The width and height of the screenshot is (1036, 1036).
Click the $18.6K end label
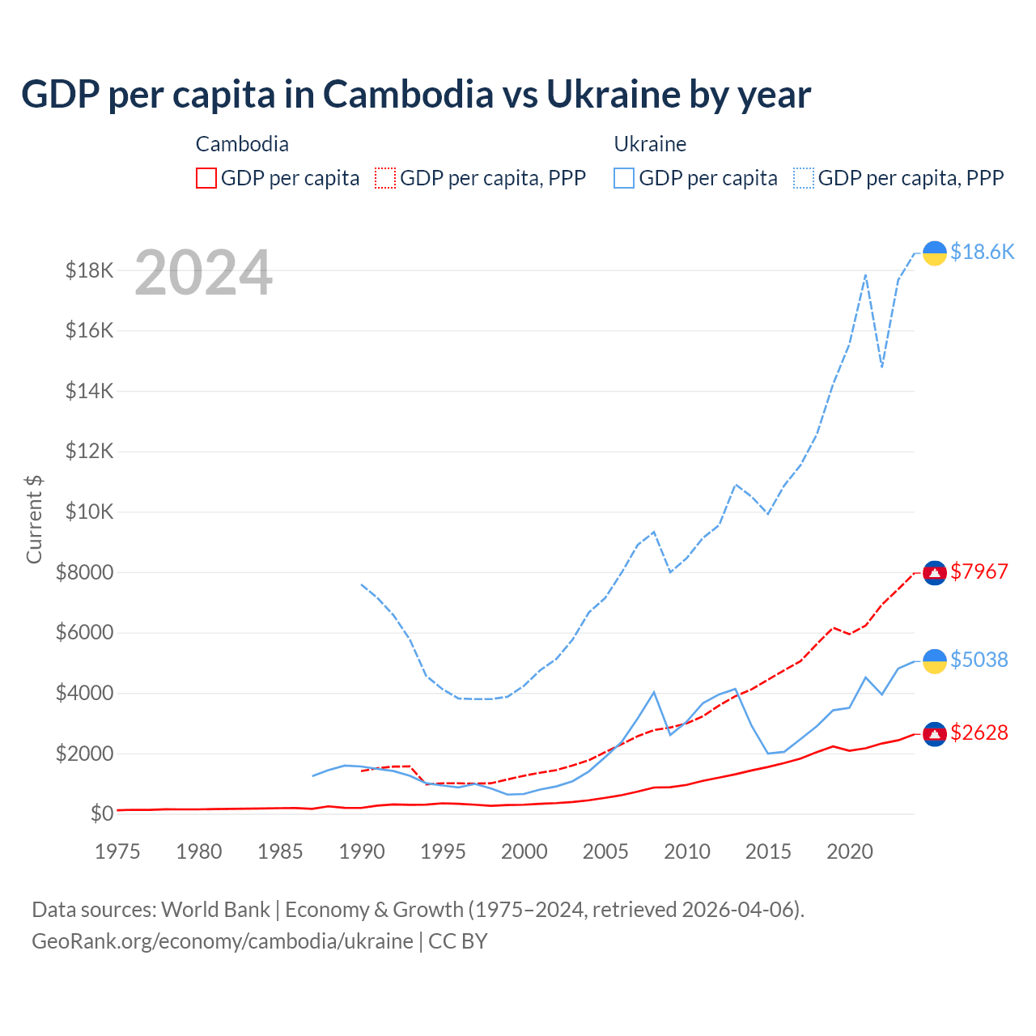pos(982,253)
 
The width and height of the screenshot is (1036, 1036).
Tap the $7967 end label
pos(979,571)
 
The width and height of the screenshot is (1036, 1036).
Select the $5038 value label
pos(979,660)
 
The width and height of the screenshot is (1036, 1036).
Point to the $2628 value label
pos(979,732)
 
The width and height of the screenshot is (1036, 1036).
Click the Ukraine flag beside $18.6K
pos(935,253)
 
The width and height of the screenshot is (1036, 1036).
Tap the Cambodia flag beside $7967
pos(935,572)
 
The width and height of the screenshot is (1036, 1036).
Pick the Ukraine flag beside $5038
pos(935,660)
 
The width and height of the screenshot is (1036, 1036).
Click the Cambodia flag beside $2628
pos(935,733)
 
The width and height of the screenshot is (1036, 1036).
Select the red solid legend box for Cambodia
pos(206,178)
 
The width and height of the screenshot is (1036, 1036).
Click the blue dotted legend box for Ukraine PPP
pos(804,178)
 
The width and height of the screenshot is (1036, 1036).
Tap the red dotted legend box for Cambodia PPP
pos(386,178)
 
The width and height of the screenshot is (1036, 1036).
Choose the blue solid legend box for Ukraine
pos(624,178)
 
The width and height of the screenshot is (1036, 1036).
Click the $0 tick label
pos(100,813)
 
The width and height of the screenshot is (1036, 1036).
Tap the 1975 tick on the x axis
pos(117,851)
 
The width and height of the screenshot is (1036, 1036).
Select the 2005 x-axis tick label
pos(605,851)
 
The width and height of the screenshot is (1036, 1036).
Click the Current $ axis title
pos(34,519)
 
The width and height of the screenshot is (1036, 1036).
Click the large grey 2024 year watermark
pos(203,274)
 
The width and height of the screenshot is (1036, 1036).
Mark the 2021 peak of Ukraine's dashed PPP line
pos(865,275)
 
